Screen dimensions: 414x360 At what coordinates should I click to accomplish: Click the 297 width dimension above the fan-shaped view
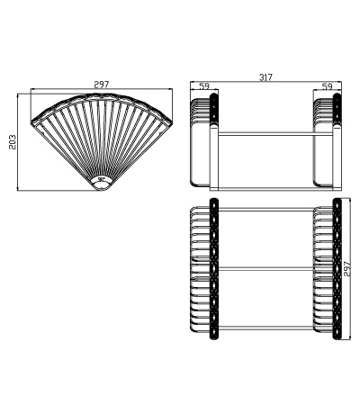click(101, 85)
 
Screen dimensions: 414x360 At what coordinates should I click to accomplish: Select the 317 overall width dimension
click(265, 78)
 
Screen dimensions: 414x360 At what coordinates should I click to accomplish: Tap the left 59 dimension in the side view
click(203, 87)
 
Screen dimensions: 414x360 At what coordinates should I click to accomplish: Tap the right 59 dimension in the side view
click(328, 87)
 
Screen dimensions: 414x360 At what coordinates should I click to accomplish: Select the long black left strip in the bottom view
click(214, 270)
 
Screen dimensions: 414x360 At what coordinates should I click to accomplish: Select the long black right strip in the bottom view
click(336, 270)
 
